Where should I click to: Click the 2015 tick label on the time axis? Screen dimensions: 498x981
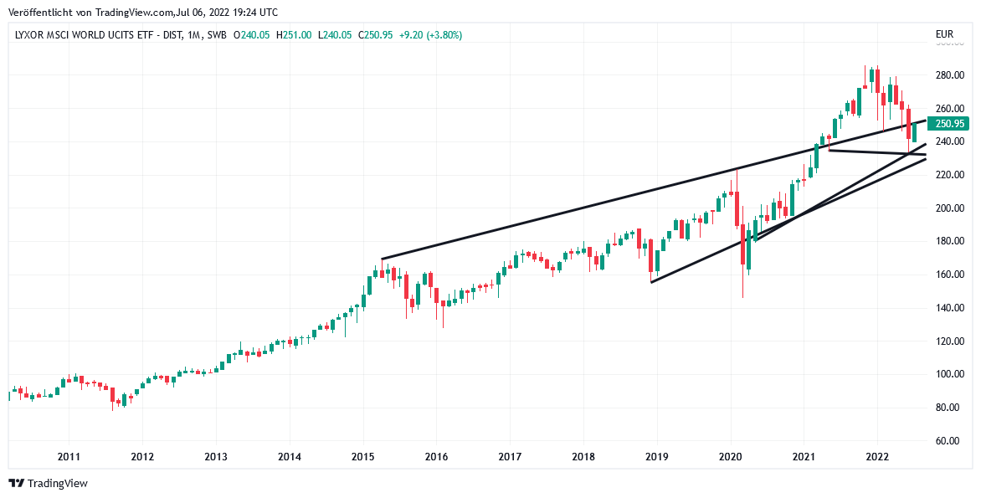(362, 457)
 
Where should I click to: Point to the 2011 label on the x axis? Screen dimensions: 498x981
(69, 457)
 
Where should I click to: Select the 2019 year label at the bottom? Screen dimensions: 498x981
(657, 457)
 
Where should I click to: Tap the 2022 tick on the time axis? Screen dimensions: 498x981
(877, 457)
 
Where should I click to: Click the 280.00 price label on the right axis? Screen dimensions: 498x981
(949, 75)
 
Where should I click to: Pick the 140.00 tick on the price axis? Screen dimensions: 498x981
(949, 308)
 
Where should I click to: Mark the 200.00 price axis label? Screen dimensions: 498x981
(949, 208)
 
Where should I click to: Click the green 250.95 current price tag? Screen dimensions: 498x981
(950, 124)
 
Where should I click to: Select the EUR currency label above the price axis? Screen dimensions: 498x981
(944, 35)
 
